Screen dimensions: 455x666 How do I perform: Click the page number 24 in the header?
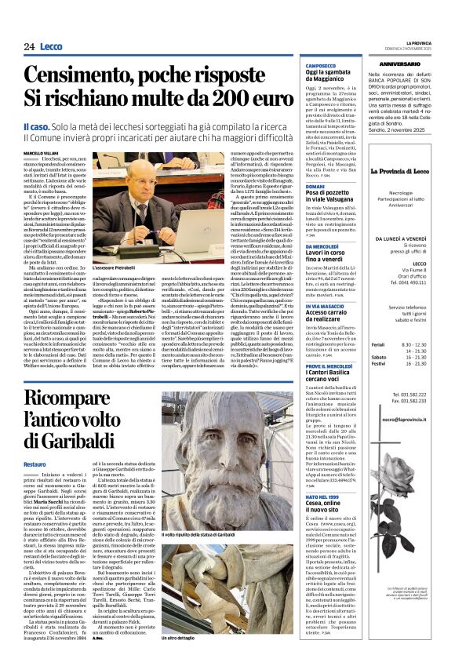pos(17,47)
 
